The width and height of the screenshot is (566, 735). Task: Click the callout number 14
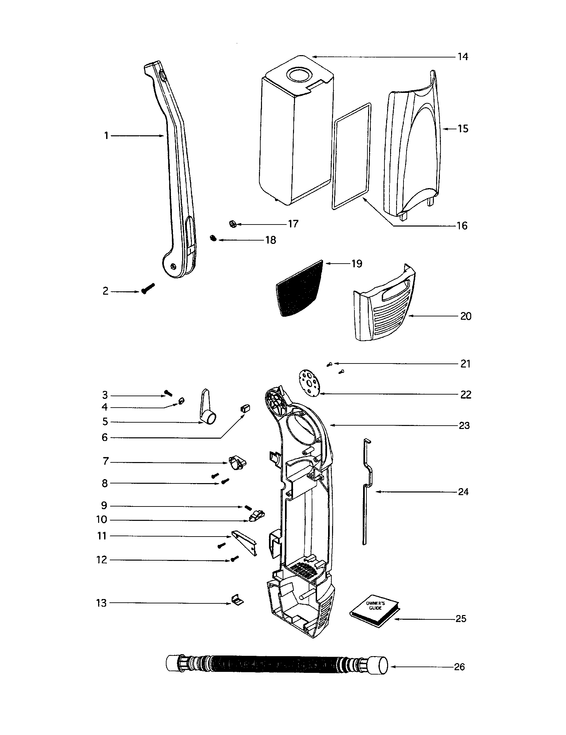click(x=463, y=56)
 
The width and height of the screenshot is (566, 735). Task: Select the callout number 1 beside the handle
click(x=106, y=136)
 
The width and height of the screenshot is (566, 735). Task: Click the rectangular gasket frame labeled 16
click(x=351, y=156)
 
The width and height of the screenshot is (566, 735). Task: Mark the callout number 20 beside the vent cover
click(x=466, y=316)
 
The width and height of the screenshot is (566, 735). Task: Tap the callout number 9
click(x=104, y=505)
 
